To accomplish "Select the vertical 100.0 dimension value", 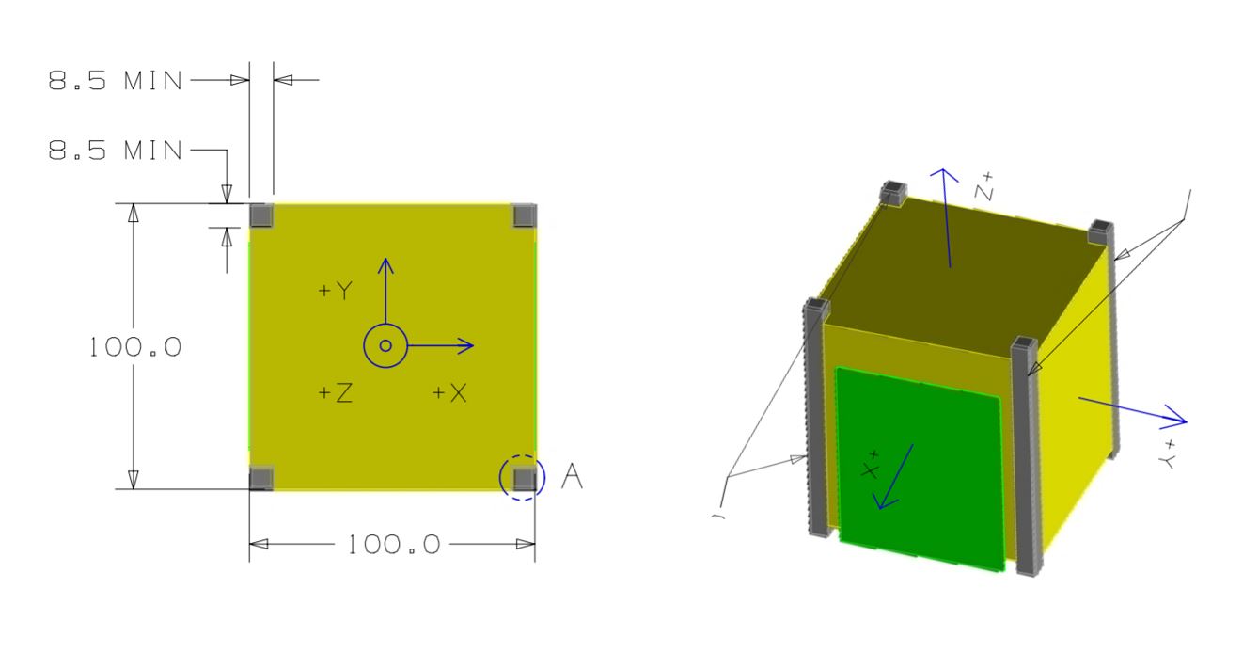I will [x=134, y=346].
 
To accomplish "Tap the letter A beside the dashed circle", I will [x=572, y=478].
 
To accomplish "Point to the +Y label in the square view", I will [x=334, y=292].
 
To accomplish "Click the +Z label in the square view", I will [x=334, y=393].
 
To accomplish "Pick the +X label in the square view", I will [x=449, y=393].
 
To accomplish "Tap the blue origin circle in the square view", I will [x=385, y=346].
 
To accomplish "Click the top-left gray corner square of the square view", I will [x=262, y=215].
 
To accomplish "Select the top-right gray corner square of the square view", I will [x=524, y=215].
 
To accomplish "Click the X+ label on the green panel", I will [x=870, y=465].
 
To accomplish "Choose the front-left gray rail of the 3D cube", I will [x=816, y=419].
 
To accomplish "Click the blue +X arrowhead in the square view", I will [x=464, y=346].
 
